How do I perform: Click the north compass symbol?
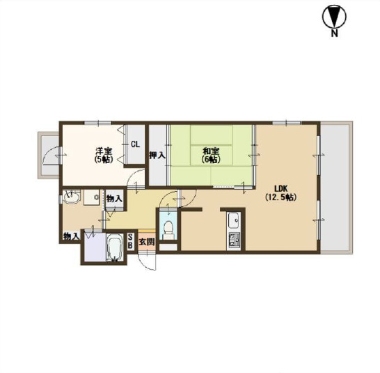coord(334,17)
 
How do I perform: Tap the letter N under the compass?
coord(335,33)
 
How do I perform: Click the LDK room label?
coord(280,188)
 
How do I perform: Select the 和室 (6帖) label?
coord(212,155)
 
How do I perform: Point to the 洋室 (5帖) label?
coord(104,155)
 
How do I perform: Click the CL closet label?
coord(135,144)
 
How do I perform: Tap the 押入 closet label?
coord(157,155)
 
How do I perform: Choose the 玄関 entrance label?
coord(147,242)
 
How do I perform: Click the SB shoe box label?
coord(130,241)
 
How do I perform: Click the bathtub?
coord(114,248)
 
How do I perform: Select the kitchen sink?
coord(234,220)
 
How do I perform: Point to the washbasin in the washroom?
coord(71,196)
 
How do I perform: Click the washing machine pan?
coord(92,197)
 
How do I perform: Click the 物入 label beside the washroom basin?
coord(114,199)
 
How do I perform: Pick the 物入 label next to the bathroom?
coord(71,236)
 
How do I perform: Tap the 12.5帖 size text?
coord(280,197)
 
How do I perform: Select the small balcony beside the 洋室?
coord(49,155)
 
